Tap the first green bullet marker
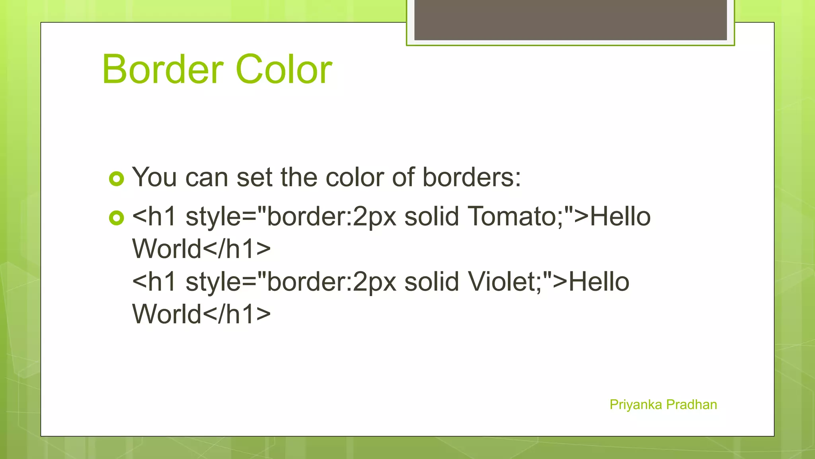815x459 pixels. tap(117, 179)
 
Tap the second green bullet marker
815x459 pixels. tap(117, 218)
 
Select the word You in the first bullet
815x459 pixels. tap(154, 177)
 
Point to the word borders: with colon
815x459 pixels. tap(471, 177)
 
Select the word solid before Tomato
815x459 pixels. tap(431, 217)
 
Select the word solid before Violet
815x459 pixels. tap(431, 282)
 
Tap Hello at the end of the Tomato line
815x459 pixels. tap(620, 217)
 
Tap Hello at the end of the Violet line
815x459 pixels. tap(599, 282)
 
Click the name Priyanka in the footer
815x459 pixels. tap(636, 405)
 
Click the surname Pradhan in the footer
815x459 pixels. tap(692, 405)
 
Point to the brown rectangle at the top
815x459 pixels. tap(570, 20)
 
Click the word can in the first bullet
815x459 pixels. tap(207, 177)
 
